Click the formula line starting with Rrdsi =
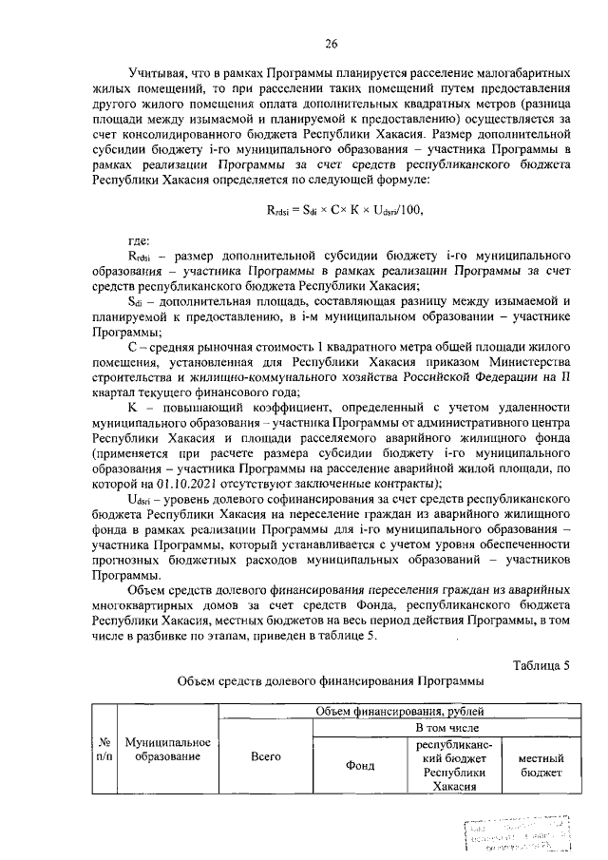(x=341, y=210)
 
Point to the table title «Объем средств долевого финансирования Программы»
(x=331, y=681)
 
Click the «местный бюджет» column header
(x=540, y=765)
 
